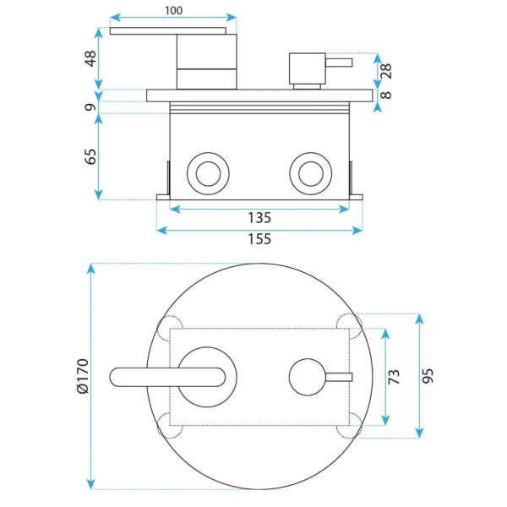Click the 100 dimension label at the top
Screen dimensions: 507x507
click(173, 10)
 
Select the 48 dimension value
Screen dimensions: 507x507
click(91, 58)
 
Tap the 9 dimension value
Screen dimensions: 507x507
click(91, 107)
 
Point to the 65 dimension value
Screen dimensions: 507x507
click(91, 156)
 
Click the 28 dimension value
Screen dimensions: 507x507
click(386, 71)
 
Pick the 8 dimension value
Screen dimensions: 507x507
click(386, 95)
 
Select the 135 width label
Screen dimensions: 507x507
click(259, 218)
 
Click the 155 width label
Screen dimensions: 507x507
click(259, 239)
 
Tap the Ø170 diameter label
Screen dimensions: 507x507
click(83, 376)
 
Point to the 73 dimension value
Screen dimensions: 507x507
click(394, 376)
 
